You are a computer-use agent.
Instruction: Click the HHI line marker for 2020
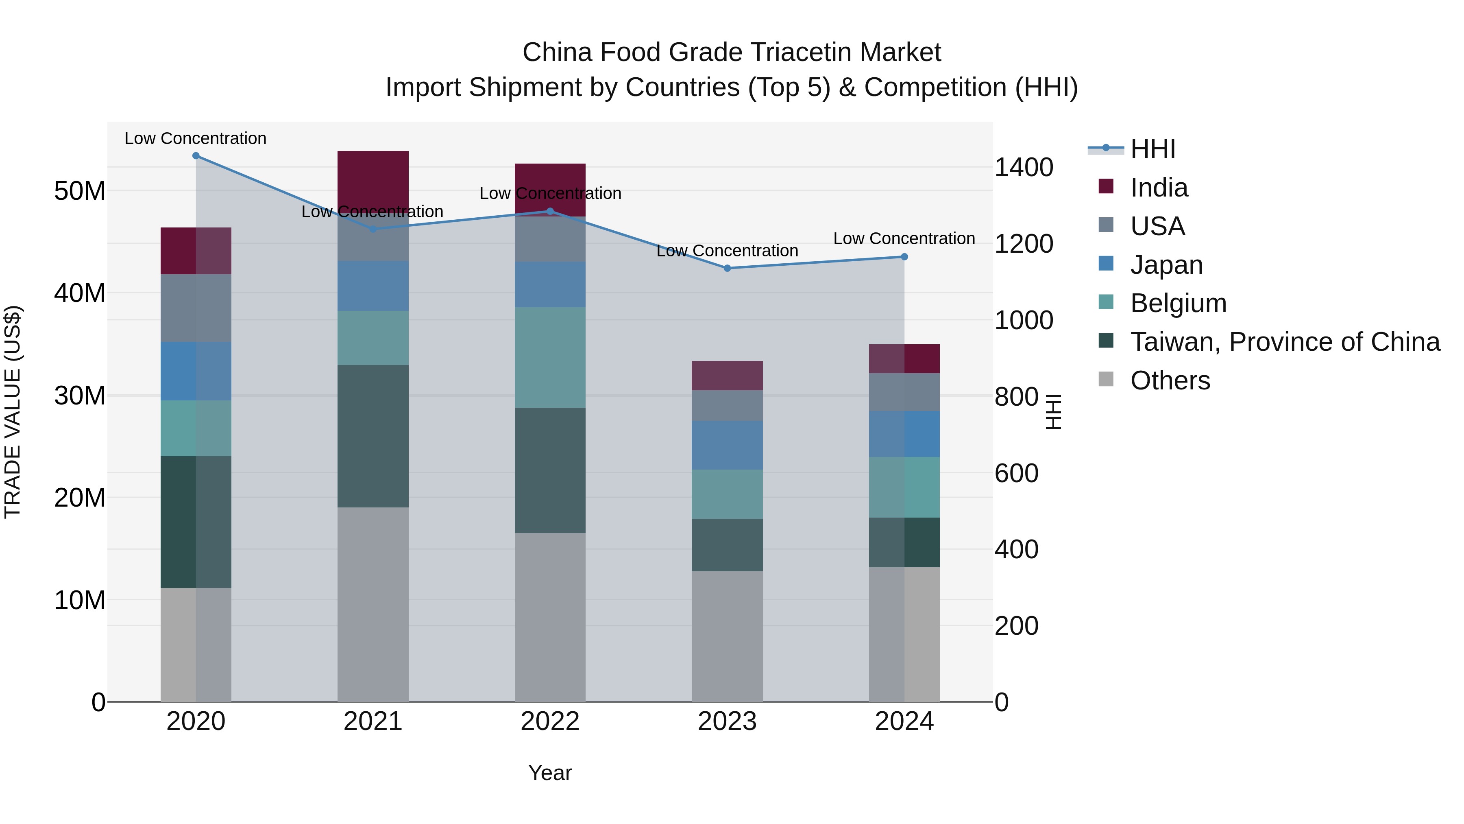tap(196, 156)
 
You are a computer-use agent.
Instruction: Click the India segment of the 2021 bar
tap(373, 179)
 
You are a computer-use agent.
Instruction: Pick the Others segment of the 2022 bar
tap(550, 617)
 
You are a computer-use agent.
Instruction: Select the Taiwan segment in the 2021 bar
tap(373, 436)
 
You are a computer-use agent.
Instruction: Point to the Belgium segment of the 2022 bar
tap(550, 358)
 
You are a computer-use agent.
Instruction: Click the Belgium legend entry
tap(1178, 303)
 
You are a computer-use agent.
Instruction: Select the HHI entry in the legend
tap(1152, 149)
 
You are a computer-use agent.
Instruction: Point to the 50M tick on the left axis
tap(80, 191)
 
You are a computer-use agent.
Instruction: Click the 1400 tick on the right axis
tap(1024, 168)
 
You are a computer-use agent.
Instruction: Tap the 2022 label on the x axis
tap(550, 721)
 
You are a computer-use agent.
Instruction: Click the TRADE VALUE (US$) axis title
tap(13, 412)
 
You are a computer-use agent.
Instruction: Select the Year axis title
tap(550, 773)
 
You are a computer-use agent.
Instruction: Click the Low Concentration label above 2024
tap(904, 239)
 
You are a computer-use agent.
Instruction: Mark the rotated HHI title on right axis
tap(1053, 412)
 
